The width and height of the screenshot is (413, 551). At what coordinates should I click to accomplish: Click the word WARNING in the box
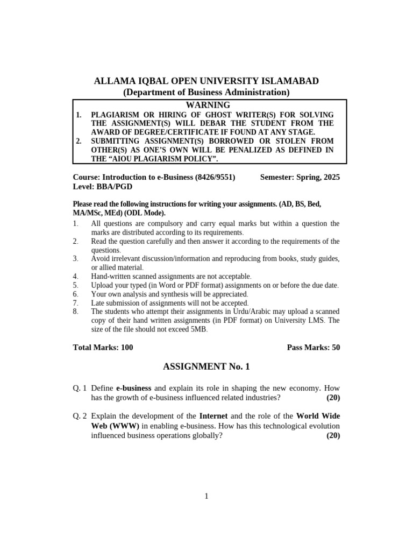(208, 105)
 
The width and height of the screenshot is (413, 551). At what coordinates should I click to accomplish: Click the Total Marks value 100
(127, 347)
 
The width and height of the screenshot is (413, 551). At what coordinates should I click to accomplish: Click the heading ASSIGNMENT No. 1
(206, 367)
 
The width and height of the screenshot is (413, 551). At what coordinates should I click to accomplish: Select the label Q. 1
(80, 387)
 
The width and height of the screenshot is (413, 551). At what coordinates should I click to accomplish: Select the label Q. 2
(80, 416)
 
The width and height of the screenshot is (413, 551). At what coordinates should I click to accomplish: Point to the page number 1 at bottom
(206, 496)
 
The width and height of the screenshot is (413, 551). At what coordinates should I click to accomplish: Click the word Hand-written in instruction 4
(111, 276)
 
